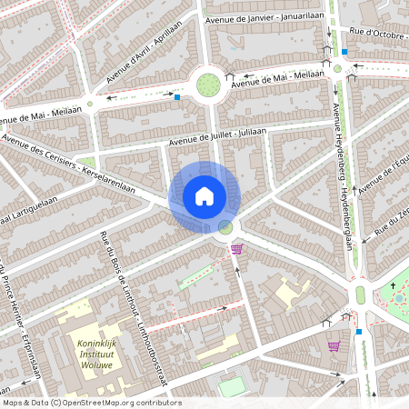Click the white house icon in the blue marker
(204, 195)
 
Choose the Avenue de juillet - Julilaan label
(217, 136)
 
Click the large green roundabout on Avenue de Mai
(209, 85)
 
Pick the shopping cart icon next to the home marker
(237, 249)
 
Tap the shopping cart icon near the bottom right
(334, 346)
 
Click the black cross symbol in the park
(394, 286)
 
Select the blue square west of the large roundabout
(177, 96)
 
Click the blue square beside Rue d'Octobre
(344, 52)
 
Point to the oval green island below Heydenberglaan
(360, 294)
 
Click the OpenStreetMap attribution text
(91, 403)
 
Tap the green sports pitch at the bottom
(232, 387)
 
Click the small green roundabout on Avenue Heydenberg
(337, 68)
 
